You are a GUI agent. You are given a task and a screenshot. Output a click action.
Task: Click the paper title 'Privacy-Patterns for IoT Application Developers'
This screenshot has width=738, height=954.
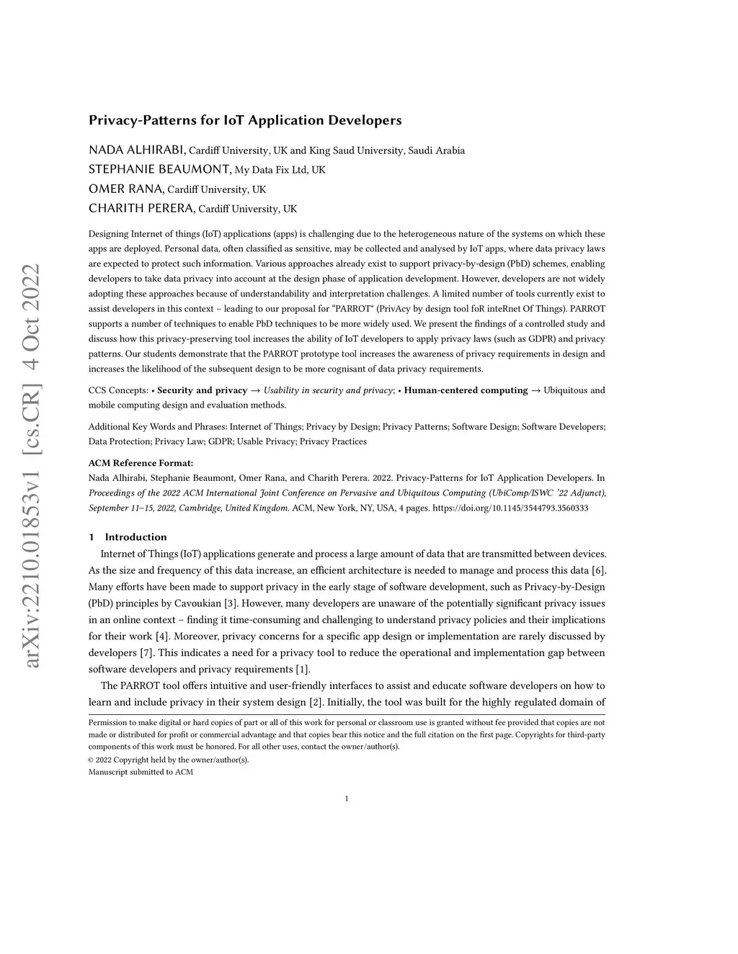coord(245,120)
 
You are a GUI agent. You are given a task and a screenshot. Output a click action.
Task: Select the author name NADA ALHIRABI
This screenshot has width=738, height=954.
coord(137,150)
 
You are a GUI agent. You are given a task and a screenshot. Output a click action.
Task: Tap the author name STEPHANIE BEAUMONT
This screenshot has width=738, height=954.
coord(159,170)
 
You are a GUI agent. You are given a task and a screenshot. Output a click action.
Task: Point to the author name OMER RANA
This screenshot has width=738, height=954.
coord(126,189)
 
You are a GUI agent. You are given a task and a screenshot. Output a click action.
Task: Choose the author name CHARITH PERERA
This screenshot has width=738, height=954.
coord(141,209)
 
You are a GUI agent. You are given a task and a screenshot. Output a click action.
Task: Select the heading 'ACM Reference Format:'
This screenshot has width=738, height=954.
coord(141,463)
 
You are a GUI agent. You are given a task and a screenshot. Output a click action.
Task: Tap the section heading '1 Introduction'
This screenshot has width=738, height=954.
coord(128,537)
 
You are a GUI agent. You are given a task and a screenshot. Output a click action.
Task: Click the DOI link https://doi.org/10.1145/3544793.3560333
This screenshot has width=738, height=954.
coord(510,508)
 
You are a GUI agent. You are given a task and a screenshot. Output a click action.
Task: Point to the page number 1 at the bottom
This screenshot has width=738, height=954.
coord(347,798)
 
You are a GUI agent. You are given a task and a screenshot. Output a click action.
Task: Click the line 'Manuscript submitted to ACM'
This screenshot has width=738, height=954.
coord(141,772)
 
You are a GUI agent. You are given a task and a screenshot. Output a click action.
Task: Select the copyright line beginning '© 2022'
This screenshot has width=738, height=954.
coord(169,760)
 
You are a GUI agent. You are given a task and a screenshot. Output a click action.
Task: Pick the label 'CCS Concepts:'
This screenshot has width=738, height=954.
coord(118,390)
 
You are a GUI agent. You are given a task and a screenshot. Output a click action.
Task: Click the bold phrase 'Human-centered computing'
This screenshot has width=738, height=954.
coord(466,390)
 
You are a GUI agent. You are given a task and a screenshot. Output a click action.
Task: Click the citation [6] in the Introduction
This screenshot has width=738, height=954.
coord(598,571)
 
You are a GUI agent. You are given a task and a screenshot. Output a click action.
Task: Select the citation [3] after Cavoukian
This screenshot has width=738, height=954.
coord(231,603)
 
